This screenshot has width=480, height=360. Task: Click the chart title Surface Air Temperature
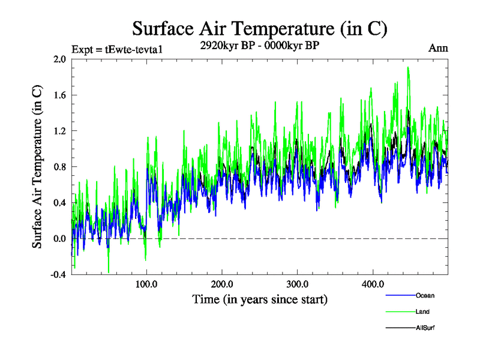pos(259,28)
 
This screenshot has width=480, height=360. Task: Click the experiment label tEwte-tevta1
pos(117,49)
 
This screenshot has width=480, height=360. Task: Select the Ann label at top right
pos(439,48)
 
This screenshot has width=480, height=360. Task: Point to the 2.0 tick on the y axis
pos(59,59)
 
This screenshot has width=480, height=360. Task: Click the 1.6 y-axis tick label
pos(59,95)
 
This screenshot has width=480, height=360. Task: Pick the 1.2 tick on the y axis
pos(59,131)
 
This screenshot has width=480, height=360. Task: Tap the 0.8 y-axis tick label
pos(59,167)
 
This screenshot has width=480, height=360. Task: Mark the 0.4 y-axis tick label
pos(59,203)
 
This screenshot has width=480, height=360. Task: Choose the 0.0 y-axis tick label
pos(59,239)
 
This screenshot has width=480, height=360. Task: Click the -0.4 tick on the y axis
pos(58,275)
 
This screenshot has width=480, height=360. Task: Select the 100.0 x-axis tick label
pos(147,284)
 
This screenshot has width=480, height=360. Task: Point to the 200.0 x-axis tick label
pos(222,284)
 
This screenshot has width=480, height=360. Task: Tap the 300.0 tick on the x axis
pos(298,284)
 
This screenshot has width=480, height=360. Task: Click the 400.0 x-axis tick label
pos(373,284)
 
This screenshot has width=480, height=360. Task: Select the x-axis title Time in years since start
pos(259,299)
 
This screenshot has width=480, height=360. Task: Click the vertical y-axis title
pos(37,167)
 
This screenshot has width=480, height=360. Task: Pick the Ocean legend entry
pos(425,295)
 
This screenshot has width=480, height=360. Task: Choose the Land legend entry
pos(422,311)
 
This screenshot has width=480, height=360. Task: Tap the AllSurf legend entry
pos(425,328)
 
